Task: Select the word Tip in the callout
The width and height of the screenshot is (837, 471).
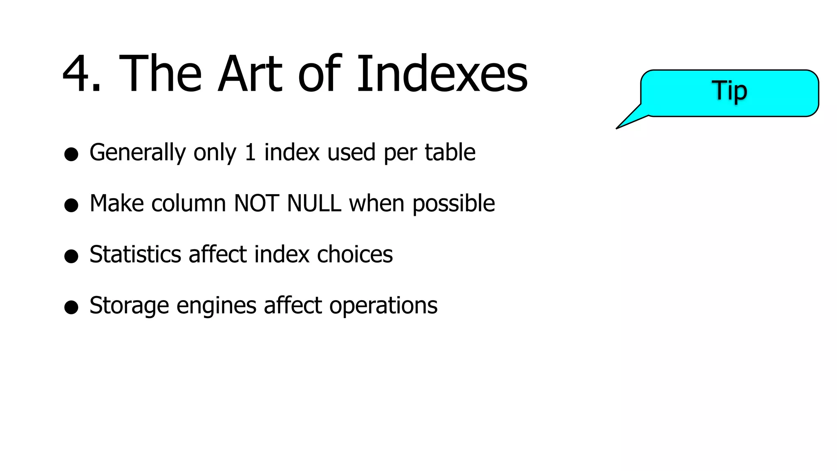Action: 730,91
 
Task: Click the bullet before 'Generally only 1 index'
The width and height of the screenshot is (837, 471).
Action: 71,155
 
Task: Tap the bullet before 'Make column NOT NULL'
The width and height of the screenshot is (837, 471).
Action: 71,205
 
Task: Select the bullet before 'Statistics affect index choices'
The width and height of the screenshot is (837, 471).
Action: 71,256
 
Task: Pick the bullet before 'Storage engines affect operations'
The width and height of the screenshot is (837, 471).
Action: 71,307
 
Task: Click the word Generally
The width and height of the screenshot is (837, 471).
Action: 137,153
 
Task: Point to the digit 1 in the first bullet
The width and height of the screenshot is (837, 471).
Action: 250,152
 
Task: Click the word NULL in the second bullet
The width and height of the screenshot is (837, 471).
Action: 314,203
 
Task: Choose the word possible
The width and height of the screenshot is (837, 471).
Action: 454,204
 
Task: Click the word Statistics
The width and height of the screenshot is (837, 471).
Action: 135,254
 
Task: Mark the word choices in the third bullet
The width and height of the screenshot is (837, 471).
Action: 355,254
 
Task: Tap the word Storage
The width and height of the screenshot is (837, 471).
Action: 129,306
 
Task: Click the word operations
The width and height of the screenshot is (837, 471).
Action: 383,306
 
